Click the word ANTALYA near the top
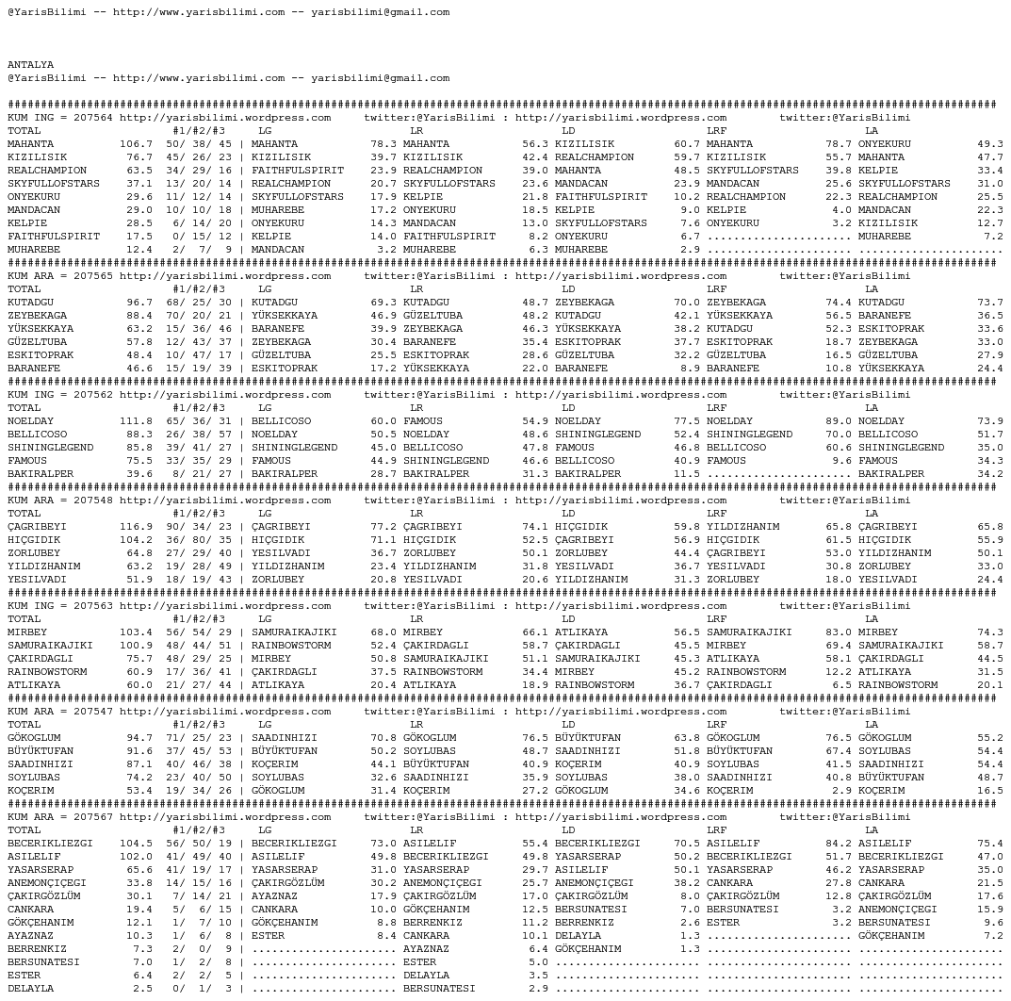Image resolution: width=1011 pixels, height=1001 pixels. point(30,65)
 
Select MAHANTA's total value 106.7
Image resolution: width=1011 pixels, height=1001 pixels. point(136,144)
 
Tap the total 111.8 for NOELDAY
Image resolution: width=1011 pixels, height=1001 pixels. point(136,421)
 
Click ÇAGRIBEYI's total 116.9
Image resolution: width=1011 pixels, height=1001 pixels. point(136,527)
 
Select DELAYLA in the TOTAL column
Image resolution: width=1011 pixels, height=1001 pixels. point(30,989)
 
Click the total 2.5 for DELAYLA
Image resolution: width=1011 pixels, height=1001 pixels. point(142,989)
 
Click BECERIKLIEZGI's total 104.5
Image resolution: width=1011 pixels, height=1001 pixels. point(136,844)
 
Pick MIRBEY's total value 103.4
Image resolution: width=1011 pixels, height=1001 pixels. point(136,632)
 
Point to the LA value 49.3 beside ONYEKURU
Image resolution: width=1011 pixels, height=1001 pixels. point(989,144)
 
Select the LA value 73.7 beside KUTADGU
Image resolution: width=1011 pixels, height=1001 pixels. point(989,303)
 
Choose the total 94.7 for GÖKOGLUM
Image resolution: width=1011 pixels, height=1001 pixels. point(139,738)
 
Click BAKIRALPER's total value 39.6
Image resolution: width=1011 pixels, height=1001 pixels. point(139,474)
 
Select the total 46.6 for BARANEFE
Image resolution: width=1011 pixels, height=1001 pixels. point(139,369)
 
